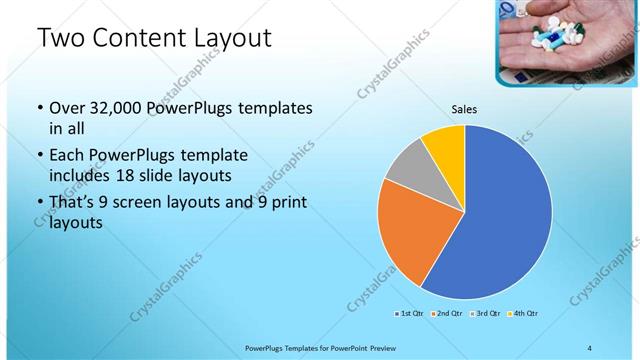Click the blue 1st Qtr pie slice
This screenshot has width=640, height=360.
[x=500, y=220]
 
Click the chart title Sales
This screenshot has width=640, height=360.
[x=465, y=110]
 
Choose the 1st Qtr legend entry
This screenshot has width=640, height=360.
[x=409, y=314]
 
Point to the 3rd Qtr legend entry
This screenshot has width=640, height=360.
[x=485, y=314]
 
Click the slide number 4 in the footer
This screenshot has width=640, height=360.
[x=590, y=347]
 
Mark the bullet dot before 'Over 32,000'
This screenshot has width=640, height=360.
[x=39, y=108]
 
